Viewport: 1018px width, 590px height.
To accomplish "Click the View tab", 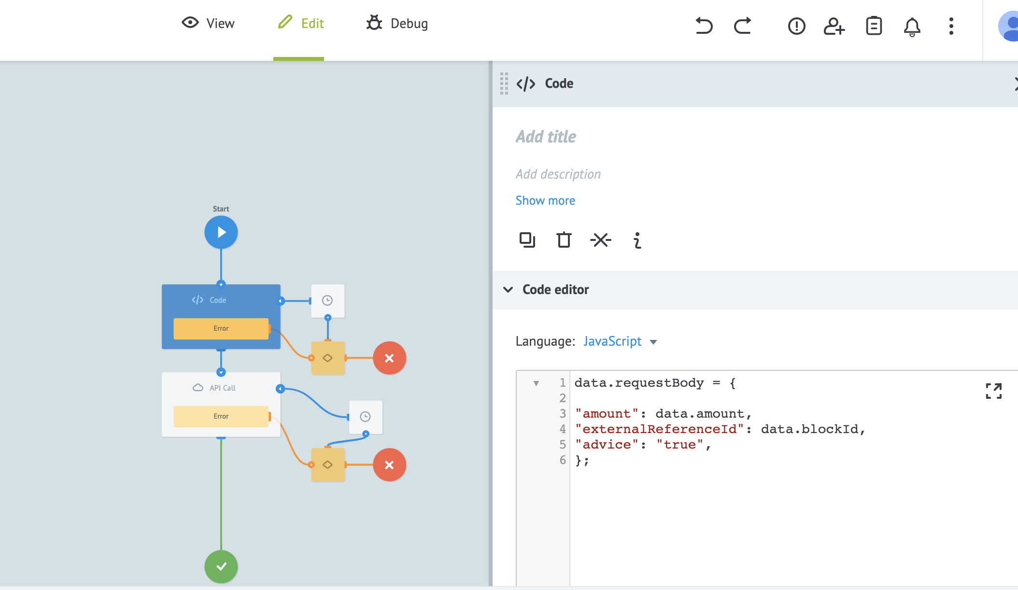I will click(208, 23).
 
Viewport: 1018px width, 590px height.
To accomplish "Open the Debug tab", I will click(397, 23).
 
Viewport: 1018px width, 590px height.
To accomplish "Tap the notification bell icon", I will click(912, 26).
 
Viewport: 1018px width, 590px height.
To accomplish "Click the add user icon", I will click(834, 26).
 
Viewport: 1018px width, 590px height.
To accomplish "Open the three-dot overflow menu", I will click(951, 26).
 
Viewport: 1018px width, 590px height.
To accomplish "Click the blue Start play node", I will click(221, 232).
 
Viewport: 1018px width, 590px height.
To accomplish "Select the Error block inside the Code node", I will click(221, 328).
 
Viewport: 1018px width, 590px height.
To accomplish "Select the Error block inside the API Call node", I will click(221, 416).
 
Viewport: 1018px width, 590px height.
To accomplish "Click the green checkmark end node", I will click(221, 566).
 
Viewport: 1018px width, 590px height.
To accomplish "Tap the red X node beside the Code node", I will click(389, 358).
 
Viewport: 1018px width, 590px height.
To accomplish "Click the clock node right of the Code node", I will click(327, 301).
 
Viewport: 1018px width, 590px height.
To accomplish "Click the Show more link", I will click(545, 200).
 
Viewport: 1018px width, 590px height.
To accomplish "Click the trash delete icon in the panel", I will click(564, 239).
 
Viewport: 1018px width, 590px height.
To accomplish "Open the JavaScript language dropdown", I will click(620, 341).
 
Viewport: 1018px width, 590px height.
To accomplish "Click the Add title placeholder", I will click(546, 137).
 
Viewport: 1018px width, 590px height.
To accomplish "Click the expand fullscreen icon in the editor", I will click(993, 391).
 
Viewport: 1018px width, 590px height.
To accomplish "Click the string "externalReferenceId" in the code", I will click(660, 429).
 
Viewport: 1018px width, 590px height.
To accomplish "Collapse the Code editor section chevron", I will click(508, 290).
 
